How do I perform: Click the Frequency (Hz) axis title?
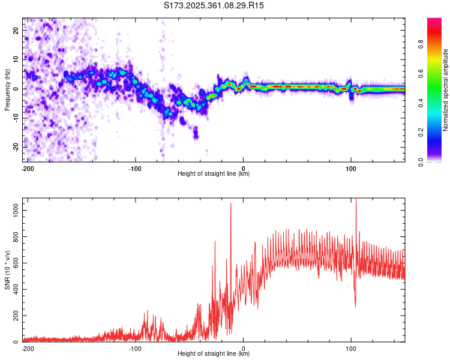pyautogui.click(x=7, y=90)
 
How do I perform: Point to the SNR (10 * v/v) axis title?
pyautogui.click(x=7, y=270)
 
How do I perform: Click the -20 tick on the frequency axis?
pyautogui.click(x=15, y=147)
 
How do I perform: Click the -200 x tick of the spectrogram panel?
pyautogui.click(x=27, y=167)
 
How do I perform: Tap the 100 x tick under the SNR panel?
pyautogui.click(x=351, y=347)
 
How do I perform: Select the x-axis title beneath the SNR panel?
pyautogui.click(x=214, y=354)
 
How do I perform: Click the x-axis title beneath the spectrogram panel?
pyautogui.click(x=214, y=174)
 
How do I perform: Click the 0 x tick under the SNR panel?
pyautogui.click(x=243, y=347)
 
